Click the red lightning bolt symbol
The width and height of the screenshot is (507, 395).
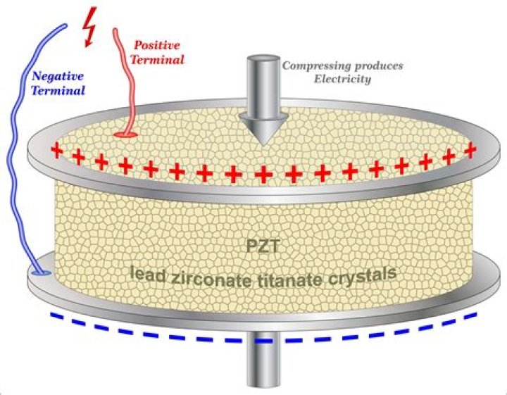point(89,27)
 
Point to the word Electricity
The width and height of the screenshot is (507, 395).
point(345,80)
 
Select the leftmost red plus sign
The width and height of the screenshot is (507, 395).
point(56,149)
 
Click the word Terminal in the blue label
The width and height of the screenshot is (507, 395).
point(59,91)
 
